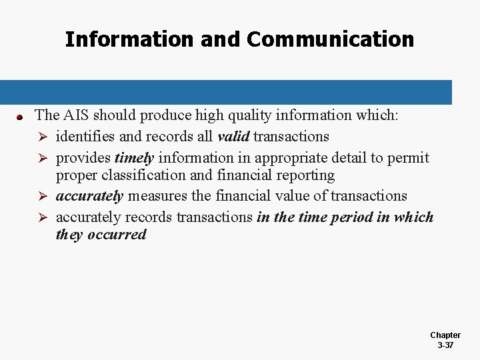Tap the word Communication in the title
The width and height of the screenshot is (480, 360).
coord(330,39)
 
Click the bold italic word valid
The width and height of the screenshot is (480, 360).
coord(233,137)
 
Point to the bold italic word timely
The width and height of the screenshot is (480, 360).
coord(135,158)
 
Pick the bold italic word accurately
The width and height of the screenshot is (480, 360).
coord(89,196)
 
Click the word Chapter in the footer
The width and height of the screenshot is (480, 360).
coord(445,335)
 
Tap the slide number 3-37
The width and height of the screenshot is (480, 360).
coord(445,345)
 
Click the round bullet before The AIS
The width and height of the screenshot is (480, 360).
coord(20,117)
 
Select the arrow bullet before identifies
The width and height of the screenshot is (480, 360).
coord(42,137)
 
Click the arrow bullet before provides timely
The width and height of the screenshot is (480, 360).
coord(42,159)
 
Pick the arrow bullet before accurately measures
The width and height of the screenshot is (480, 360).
coord(42,197)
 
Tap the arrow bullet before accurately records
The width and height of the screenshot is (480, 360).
coord(42,218)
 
